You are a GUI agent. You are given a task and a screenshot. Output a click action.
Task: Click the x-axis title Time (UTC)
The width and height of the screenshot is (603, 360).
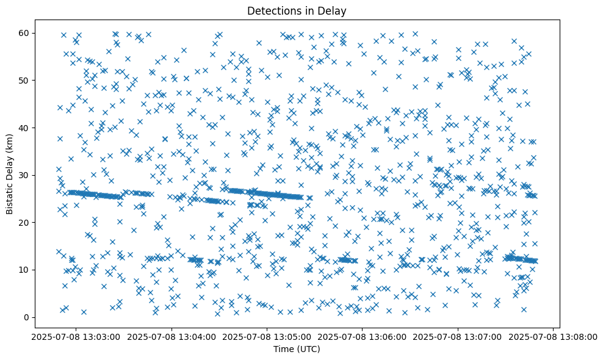(296, 349)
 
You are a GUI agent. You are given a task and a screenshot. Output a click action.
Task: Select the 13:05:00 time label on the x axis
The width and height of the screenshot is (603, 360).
(267, 337)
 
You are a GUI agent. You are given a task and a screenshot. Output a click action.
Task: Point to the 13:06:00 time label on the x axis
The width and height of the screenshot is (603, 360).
(363, 337)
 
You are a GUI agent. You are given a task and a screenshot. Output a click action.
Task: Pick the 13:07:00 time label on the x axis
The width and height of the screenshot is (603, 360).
(458, 337)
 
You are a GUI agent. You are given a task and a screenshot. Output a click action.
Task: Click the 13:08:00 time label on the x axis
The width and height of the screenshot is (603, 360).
(554, 337)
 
